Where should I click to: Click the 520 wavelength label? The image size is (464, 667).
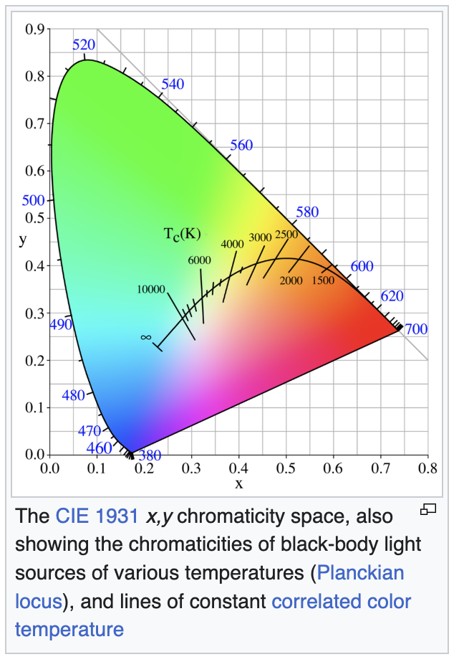click(x=84, y=44)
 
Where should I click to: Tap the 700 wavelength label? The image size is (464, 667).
click(x=416, y=329)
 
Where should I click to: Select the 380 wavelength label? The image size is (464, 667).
click(x=151, y=455)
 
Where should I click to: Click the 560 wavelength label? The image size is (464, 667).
click(x=241, y=146)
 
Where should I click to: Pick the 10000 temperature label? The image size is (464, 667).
click(x=150, y=289)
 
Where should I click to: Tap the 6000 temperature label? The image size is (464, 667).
click(x=199, y=260)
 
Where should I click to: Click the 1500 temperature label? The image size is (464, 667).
click(x=322, y=280)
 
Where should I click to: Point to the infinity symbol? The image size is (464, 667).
click(x=145, y=336)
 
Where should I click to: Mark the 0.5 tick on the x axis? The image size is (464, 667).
click(x=286, y=469)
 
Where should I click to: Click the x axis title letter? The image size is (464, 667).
click(x=239, y=483)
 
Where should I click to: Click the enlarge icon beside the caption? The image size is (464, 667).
click(x=428, y=510)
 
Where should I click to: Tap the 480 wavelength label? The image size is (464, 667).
click(x=74, y=394)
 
